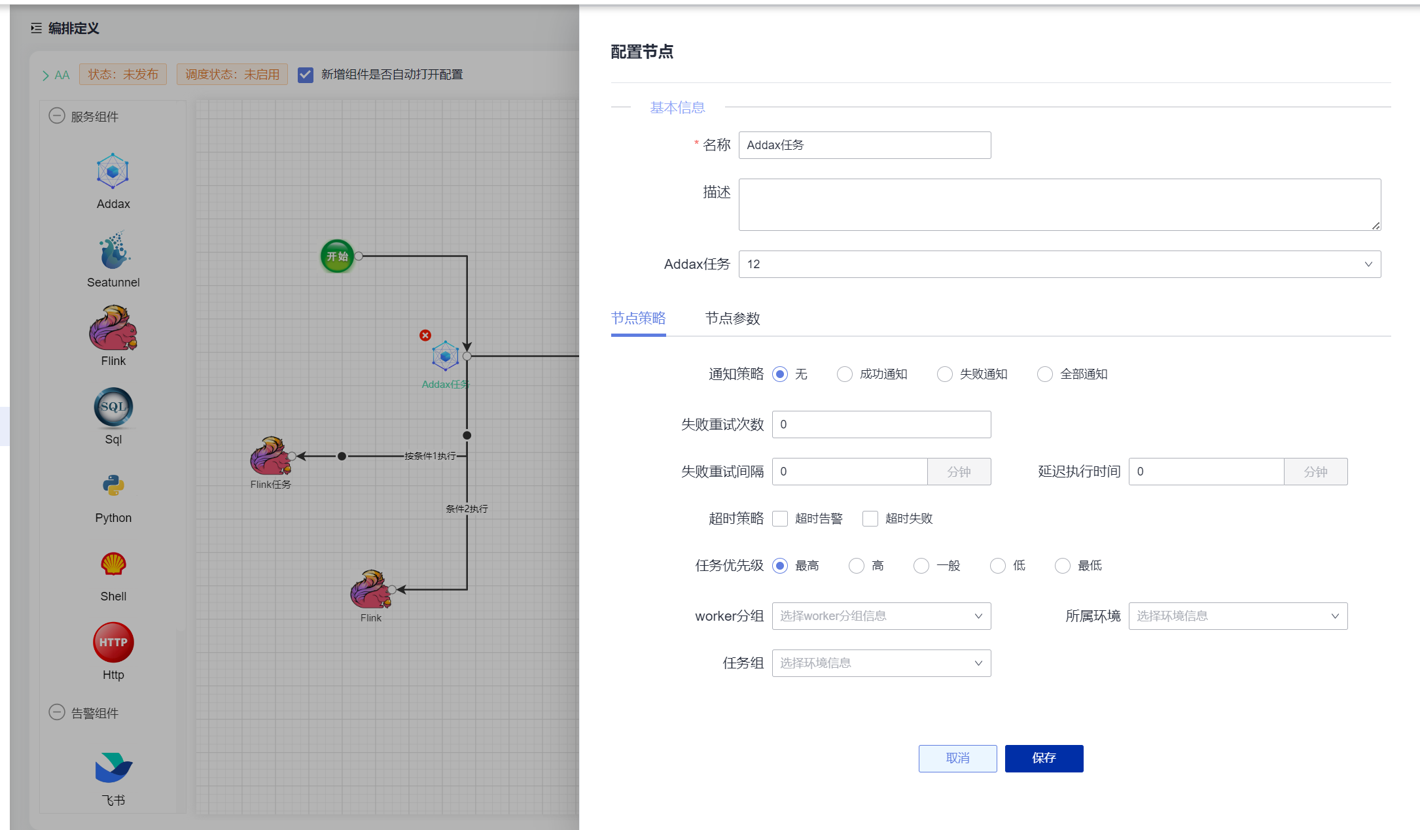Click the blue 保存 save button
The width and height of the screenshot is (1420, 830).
point(1044,758)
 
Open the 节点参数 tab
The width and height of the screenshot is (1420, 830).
point(732,319)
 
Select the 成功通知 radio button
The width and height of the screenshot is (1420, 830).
point(845,374)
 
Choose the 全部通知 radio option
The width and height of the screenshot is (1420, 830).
point(1045,374)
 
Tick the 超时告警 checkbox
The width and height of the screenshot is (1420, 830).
point(780,519)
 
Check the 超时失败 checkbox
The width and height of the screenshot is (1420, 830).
point(870,519)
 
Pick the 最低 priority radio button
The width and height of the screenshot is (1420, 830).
point(1063,566)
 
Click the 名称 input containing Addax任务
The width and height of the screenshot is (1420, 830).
point(864,145)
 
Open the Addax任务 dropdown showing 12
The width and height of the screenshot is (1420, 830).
point(1059,264)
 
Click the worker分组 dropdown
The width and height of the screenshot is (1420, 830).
point(881,616)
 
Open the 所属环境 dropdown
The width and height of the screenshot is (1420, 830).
point(1237,616)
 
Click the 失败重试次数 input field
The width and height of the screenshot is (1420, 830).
point(881,424)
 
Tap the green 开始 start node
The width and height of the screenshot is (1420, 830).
point(337,256)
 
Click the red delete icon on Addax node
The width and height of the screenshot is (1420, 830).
point(425,336)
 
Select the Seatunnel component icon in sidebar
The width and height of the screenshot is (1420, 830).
point(115,250)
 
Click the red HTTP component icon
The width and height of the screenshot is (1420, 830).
point(113,642)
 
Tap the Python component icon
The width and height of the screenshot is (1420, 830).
point(113,485)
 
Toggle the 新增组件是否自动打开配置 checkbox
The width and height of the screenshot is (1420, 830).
point(306,75)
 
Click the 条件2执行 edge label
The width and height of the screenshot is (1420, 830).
point(467,509)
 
